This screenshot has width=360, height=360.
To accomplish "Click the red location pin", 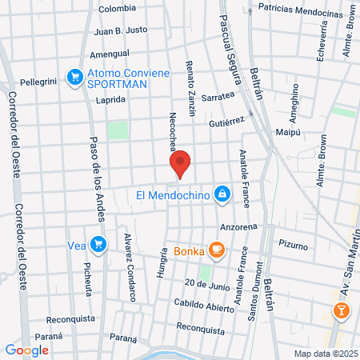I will [181, 163].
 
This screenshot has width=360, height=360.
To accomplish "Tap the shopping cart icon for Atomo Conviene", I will [75, 77].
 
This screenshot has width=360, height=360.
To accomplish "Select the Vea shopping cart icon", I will [98, 243].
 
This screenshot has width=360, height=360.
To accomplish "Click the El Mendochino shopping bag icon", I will [222, 194].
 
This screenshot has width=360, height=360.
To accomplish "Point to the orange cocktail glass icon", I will [342, 310].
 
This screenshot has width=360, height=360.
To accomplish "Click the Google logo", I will [26, 350].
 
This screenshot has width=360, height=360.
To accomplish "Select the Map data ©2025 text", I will [325, 353].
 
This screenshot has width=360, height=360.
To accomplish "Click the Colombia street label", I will [118, 9].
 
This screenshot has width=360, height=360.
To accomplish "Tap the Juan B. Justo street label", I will [121, 31].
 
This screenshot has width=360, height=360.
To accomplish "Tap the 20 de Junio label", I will [206, 284].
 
